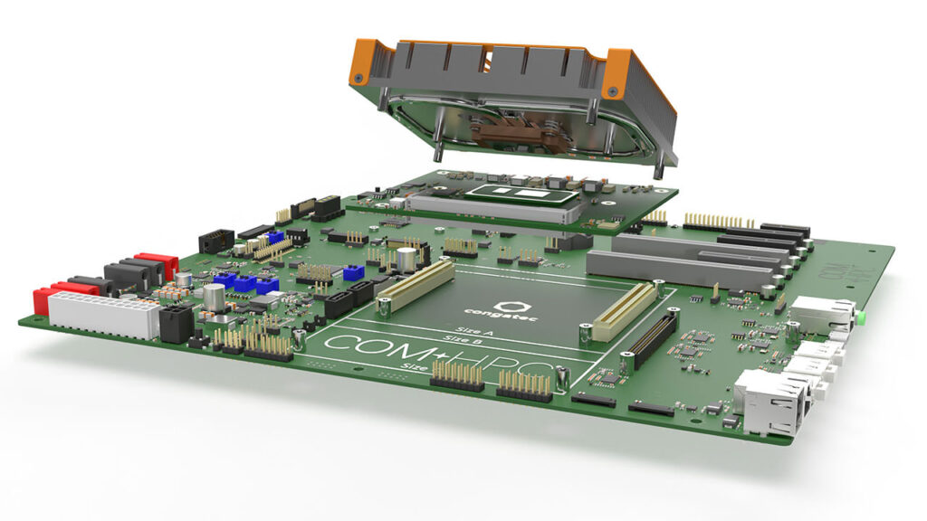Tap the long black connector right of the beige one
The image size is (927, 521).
coord(655,340)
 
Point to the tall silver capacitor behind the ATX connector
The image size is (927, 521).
coord(214,298)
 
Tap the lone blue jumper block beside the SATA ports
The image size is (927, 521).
coord(353,272)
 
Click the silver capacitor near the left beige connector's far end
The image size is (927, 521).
coord(407,259)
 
